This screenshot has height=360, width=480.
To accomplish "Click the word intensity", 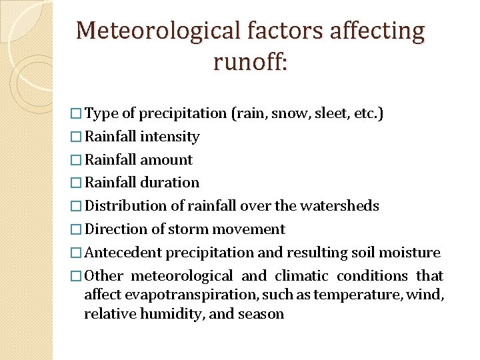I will tap(170, 137).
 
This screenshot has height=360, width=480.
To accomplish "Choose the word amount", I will tap(166, 160).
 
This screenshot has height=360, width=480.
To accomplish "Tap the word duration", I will tap(170, 183).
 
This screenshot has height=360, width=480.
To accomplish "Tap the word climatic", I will tap(301, 276).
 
